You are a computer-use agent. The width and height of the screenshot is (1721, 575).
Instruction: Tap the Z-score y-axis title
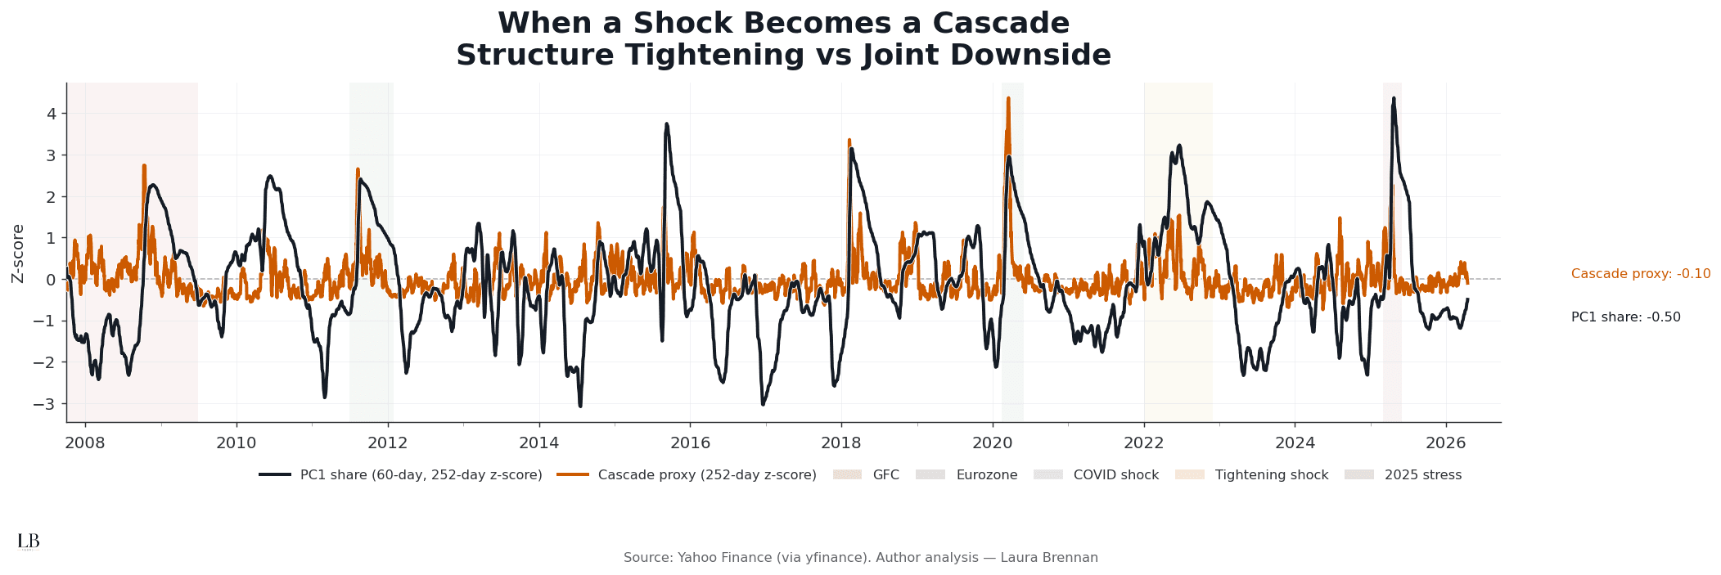tap(18, 254)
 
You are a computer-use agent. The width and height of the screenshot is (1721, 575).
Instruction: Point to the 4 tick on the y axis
tap(51, 114)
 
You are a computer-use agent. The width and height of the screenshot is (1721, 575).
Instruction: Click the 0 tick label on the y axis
tap(51, 279)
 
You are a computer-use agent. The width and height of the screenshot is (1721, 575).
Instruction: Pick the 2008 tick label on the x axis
tap(85, 442)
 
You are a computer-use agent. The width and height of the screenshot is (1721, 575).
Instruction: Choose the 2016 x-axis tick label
tap(690, 442)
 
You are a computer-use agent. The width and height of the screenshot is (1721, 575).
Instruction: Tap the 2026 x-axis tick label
tap(1446, 442)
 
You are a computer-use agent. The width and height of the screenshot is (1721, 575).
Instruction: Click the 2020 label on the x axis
tap(992, 442)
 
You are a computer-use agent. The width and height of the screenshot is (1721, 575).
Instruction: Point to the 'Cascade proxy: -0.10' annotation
tap(1640, 274)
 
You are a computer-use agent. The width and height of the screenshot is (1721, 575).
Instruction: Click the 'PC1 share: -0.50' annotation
tap(1625, 317)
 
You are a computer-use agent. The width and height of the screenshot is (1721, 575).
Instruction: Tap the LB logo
tap(28, 541)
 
